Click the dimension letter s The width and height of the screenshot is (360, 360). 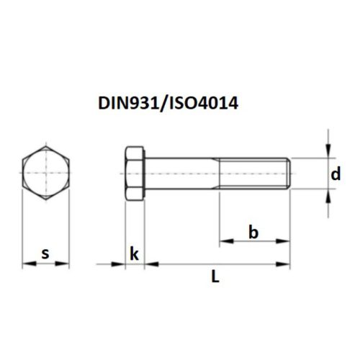pos(45,253)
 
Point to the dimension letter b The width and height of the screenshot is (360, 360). pos(253,232)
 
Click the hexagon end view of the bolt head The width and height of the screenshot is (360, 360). pos(45,174)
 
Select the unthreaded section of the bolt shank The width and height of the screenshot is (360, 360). pos(183,174)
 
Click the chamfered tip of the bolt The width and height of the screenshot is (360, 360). pos(289,174)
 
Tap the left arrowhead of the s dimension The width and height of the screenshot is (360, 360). pos(27,264)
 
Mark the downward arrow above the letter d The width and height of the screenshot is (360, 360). pos(328,151)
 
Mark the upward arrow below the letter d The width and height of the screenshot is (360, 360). pos(328,194)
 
